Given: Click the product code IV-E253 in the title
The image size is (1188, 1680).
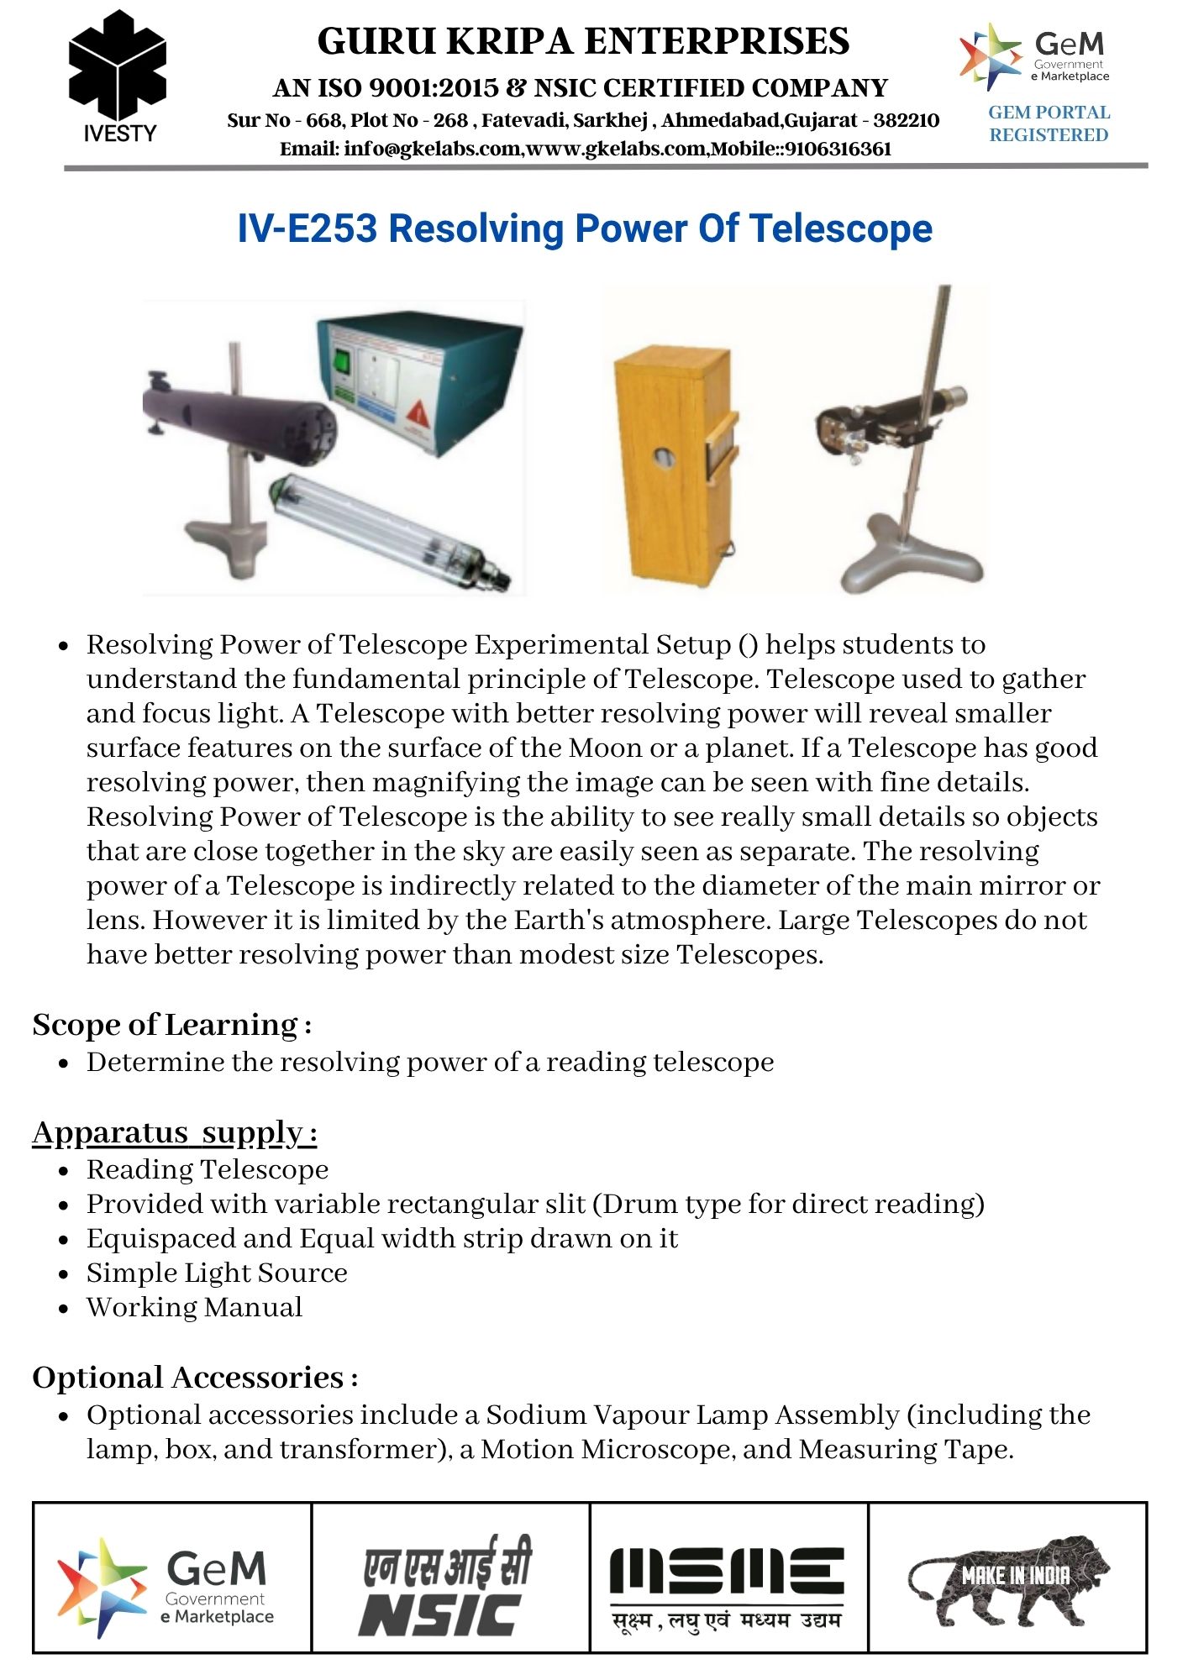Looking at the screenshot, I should coord(307,228).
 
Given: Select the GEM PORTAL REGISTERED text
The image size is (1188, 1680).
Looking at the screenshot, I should coord(1049,123).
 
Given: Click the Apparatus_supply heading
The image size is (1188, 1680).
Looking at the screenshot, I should coord(175,1132).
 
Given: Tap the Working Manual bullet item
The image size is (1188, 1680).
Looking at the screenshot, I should coord(194,1307).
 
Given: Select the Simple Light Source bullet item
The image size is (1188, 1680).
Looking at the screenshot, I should coord(217,1273).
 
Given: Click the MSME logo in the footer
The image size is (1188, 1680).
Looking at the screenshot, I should coord(728,1586).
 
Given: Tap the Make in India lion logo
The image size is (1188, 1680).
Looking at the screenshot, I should coord(1008,1581).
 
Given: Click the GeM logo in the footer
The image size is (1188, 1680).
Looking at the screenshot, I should coord(168,1586).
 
